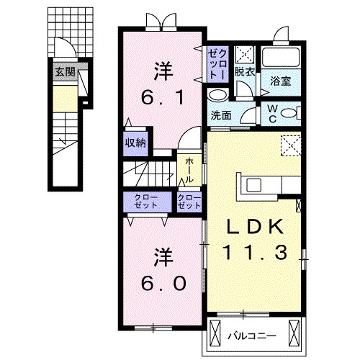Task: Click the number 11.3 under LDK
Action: click(x=254, y=252)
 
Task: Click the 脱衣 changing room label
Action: click(x=246, y=72)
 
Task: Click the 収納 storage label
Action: click(x=136, y=143)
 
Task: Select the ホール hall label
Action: click(x=189, y=171)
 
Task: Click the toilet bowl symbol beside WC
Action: click(x=287, y=112)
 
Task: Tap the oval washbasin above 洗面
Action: click(x=216, y=94)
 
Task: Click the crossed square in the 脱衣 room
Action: click(x=244, y=55)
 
